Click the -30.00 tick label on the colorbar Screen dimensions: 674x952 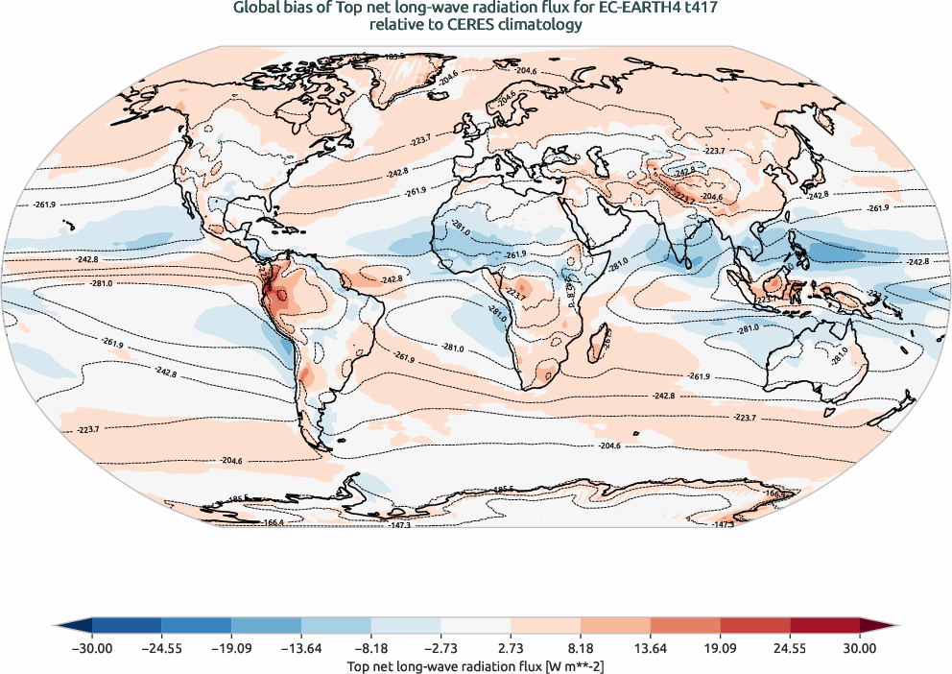91,648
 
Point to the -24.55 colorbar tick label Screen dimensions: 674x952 161,648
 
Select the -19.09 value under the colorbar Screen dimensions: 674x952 231,648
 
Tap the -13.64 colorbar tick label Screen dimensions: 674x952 301,648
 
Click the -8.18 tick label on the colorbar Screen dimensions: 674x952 371,648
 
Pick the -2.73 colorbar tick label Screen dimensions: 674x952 440,648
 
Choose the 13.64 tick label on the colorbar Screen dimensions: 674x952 651,648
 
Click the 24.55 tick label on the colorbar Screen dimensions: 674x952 790,648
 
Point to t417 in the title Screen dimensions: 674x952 699,9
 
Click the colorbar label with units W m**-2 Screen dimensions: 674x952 475,665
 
